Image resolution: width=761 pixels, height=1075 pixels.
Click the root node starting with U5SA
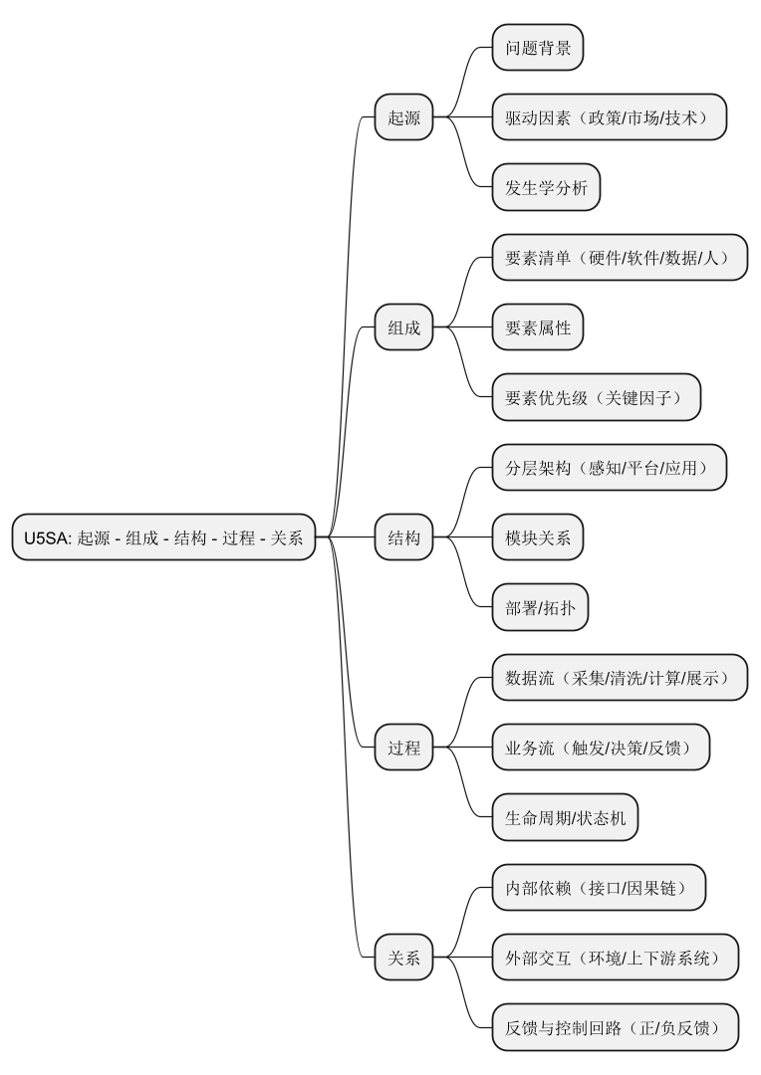pyautogui.click(x=163, y=537)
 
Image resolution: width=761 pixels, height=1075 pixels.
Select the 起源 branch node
pyautogui.click(x=403, y=117)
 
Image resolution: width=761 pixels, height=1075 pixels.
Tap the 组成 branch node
pyautogui.click(x=403, y=327)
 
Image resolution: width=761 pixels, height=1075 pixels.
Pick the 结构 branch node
pyautogui.click(x=403, y=537)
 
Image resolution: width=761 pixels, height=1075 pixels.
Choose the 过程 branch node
pyautogui.click(x=403, y=748)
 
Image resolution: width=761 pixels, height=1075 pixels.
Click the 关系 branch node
pyautogui.click(x=403, y=958)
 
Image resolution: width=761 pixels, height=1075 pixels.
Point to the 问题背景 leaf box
pyautogui.click(x=537, y=48)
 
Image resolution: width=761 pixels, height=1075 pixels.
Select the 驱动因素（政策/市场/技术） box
pyautogui.click(x=609, y=117)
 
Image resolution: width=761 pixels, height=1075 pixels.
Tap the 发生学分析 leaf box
pyautogui.click(x=546, y=187)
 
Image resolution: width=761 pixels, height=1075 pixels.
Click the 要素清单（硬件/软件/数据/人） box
pyautogui.click(x=619, y=258)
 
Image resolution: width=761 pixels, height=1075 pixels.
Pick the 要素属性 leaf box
pyautogui.click(x=537, y=327)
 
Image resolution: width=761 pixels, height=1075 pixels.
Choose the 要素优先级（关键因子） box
pyautogui.click(x=596, y=397)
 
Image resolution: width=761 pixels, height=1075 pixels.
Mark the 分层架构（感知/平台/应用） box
pyautogui.click(x=609, y=468)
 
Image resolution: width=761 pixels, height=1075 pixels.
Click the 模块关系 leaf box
pyautogui.click(x=537, y=537)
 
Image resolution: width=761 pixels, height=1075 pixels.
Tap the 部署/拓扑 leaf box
pyautogui.click(x=540, y=607)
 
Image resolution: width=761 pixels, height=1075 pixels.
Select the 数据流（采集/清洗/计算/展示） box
pyautogui.click(x=619, y=678)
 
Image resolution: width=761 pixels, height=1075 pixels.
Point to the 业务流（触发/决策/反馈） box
pyautogui.click(x=601, y=748)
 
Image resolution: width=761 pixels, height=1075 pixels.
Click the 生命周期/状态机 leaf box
pyautogui.click(x=565, y=817)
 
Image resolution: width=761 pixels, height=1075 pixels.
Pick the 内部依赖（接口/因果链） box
pyautogui.click(x=599, y=888)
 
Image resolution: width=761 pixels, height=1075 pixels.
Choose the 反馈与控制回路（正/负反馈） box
pyautogui.click(x=616, y=1027)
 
